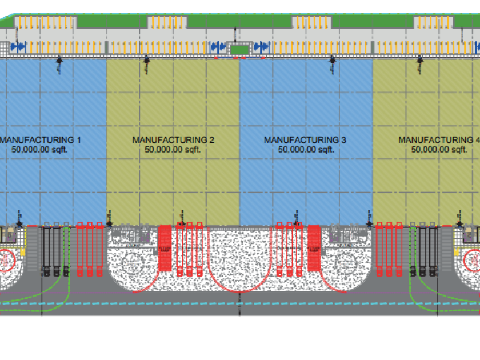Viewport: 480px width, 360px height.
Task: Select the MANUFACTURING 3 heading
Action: point(305,139)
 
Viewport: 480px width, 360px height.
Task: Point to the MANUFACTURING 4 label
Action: point(437,139)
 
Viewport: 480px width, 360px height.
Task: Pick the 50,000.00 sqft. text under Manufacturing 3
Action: point(306,150)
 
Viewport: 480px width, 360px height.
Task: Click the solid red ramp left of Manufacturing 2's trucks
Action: point(165,248)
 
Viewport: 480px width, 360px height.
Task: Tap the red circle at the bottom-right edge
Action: point(473,260)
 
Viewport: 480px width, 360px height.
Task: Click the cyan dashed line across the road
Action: point(240,305)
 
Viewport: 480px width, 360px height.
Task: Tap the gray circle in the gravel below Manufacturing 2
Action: point(133,263)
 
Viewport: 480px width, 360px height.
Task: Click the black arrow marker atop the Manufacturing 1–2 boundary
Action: point(146,59)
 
